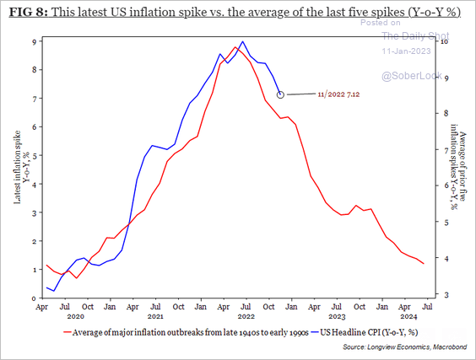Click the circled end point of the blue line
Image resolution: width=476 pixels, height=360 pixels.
pyautogui.click(x=280, y=94)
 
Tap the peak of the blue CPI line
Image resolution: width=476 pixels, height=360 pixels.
pyautogui.click(x=243, y=41)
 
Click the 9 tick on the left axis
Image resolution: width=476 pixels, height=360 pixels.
pyautogui.click(x=34, y=41)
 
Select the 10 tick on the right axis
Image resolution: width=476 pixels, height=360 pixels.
pyautogui.click(x=445, y=41)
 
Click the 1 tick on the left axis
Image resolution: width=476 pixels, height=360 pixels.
pyautogui.click(x=34, y=270)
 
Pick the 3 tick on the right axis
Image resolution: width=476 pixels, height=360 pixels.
pyautogui.click(x=445, y=294)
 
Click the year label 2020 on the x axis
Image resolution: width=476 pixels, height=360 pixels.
pyautogui.click(x=77, y=318)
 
